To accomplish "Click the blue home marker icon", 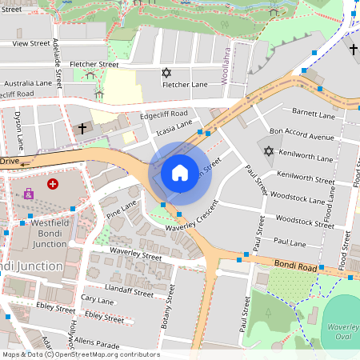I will tap(180, 172).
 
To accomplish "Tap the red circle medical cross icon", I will tap(53, 184).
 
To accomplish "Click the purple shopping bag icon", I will tap(29, 194).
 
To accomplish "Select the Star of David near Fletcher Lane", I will tap(166, 73).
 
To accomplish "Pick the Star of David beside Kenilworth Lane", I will tap(268, 151).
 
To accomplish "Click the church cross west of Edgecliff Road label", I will tap(82, 128).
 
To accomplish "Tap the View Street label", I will tap(31, 43).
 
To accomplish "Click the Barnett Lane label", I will tap(313, 114).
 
